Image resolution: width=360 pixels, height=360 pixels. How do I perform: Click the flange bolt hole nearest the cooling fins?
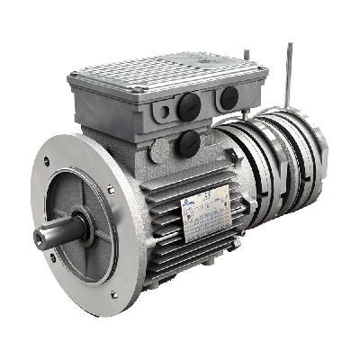point(111,190)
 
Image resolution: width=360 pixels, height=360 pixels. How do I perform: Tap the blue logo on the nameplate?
point(193,208)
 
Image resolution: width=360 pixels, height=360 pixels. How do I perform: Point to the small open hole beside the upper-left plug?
point(165,112)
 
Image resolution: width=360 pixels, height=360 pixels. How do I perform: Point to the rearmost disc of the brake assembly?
point(315,157)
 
